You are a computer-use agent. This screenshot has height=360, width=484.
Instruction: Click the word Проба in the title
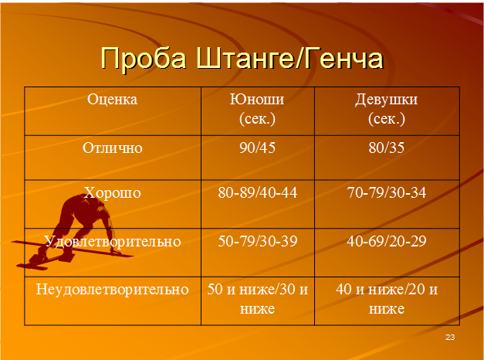coord(144,58)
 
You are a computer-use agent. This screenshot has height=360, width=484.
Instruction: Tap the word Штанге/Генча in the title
coord(289,58)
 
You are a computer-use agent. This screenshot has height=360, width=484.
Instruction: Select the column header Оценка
coord(112,100)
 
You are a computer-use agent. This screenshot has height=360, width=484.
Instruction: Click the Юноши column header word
coord(257,100)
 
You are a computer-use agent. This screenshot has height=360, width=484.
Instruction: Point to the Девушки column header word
coord(386,100)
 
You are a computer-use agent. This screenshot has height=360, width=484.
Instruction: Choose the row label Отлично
coord(113,148)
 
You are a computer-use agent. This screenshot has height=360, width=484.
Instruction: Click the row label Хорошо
coord(113,193)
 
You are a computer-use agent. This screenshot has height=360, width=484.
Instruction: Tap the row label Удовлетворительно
coord(113,241)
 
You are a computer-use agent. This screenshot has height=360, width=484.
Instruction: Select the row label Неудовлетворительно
coord(113,290)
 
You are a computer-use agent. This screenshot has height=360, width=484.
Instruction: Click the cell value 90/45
coord(257,148)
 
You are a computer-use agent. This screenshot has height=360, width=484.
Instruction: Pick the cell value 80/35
coord(387,148)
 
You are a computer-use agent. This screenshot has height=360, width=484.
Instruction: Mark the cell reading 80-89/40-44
coord(257,193)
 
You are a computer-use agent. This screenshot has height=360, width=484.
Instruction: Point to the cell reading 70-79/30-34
coord(387,193)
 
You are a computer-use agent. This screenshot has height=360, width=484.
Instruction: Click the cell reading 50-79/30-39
coord(257,241)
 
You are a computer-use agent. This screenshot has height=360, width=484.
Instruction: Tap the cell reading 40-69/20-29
coord(387,241)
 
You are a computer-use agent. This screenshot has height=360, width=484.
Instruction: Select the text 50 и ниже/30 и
coord(257,290)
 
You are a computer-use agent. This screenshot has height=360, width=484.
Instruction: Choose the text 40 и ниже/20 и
coord(387,290)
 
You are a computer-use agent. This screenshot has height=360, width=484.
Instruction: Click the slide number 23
coord(450,337)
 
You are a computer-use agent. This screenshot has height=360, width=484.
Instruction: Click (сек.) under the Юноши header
coord(257,119)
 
